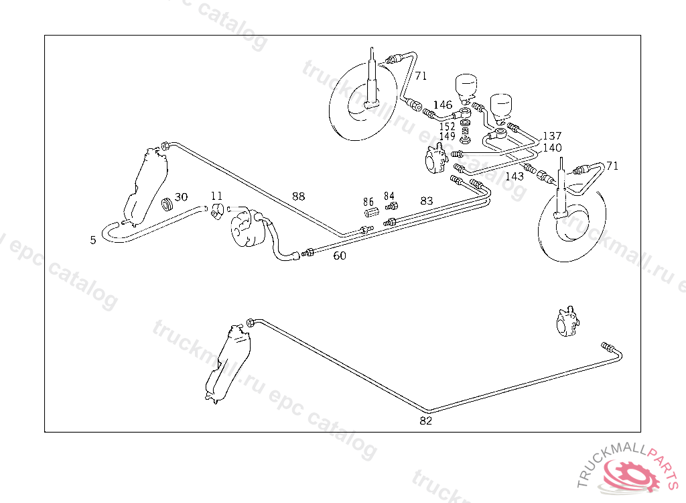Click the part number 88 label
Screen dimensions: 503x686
pos(298,197)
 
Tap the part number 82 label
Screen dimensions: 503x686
pos(426,421)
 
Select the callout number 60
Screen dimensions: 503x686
pos(340,256)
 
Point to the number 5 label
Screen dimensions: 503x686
pos(93,239)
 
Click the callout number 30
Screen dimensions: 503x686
pos(181,197)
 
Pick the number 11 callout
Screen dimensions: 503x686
pos(216,196)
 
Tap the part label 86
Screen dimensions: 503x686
pos(368,201)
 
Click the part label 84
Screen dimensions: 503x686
pos(389,196)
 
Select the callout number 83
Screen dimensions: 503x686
pos(427,200)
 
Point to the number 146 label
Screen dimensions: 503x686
pos(442,105)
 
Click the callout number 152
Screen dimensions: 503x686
pos(448,126)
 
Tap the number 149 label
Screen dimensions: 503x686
pos(448,136)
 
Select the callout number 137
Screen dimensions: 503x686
pos(552,136)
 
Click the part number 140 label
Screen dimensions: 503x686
pos(552,148)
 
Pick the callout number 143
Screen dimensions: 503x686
pos(514,176)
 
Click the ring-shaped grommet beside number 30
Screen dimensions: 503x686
pos(167,203)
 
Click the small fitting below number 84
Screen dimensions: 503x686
pos(392,207)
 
